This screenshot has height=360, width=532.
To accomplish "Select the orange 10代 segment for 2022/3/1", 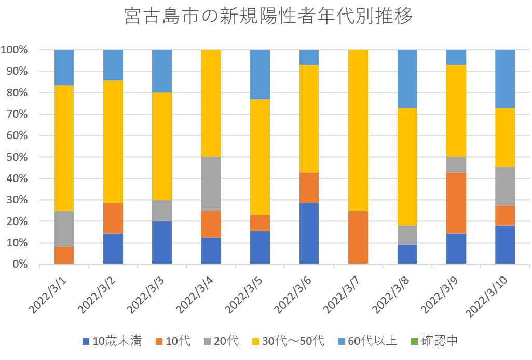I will click(x=64, y=255).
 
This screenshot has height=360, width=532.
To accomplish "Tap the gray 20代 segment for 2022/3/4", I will click(x=211, y=184).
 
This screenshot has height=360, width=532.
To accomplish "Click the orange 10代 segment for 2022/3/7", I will click(x=358, y=237).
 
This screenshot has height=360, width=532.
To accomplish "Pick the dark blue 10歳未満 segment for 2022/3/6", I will click(x=309, y=233).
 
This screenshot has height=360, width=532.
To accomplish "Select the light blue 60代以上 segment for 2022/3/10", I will click(x=505, y=78).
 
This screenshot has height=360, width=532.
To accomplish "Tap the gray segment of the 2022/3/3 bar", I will click(x=162, y=211).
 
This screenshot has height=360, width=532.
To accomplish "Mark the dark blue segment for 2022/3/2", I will click(x=113, y=248).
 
